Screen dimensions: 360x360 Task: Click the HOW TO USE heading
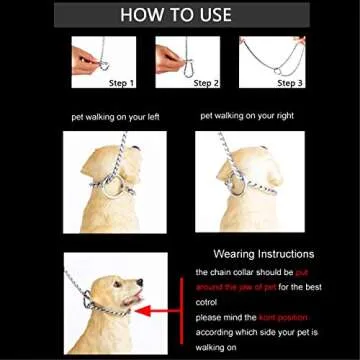tap(179, 15)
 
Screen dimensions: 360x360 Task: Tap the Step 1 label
tap(119, 82)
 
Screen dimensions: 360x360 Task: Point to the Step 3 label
tap(289, 82)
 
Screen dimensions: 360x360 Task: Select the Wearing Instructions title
tap(263, 254)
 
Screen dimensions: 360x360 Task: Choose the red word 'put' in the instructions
tap(301, 271)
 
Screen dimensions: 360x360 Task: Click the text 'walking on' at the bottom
tap(214, 349)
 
